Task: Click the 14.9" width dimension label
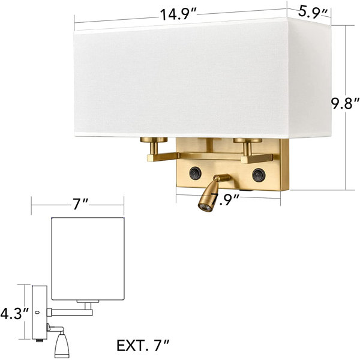coord(178,14)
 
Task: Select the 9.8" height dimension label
coord(345,104)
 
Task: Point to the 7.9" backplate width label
coord(225,199)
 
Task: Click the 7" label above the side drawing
coord(80,204)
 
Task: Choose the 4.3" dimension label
coord(14,314)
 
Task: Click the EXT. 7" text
coord(143,346)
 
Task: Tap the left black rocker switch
coord(196,173)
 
